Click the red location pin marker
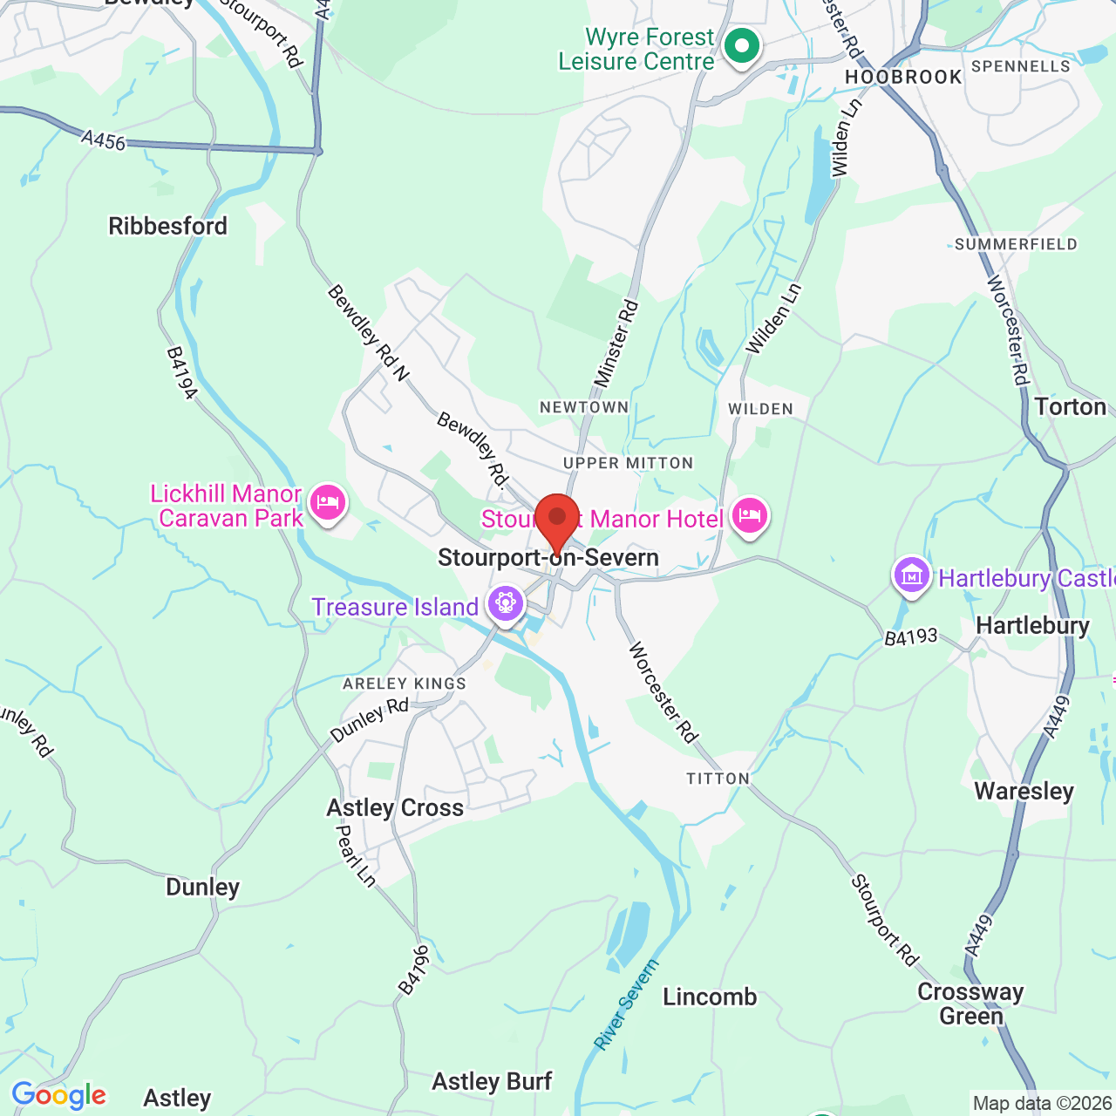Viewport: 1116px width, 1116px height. [557, 520]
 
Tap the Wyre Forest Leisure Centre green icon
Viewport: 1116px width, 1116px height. [742, 46]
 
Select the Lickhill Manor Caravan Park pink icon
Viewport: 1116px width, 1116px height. [328, 503]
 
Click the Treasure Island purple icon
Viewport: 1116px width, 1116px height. [505, 602]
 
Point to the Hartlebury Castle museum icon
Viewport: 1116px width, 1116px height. [911, 575]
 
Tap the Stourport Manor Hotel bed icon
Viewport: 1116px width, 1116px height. [749, 515]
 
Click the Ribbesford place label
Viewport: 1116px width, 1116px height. [167, 227]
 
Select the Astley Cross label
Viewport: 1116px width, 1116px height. [395, 808]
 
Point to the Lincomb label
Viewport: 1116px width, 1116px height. [710, 997]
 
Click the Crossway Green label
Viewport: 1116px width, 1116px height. [970, 1004]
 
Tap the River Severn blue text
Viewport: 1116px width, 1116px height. [626, 1004]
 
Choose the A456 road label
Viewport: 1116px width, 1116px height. [104, 139]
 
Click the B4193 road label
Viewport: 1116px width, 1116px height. [911, 637]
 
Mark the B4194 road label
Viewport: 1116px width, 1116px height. [182, 373]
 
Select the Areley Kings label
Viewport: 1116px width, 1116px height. [405, 684]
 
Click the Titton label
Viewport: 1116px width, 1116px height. [718, 779]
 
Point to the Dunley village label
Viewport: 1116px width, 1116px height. [202, 888]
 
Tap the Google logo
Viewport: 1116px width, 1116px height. [59, 1095]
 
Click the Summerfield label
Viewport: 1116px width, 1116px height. [1016, 244]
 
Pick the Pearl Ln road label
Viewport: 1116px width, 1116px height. [356, 856]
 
